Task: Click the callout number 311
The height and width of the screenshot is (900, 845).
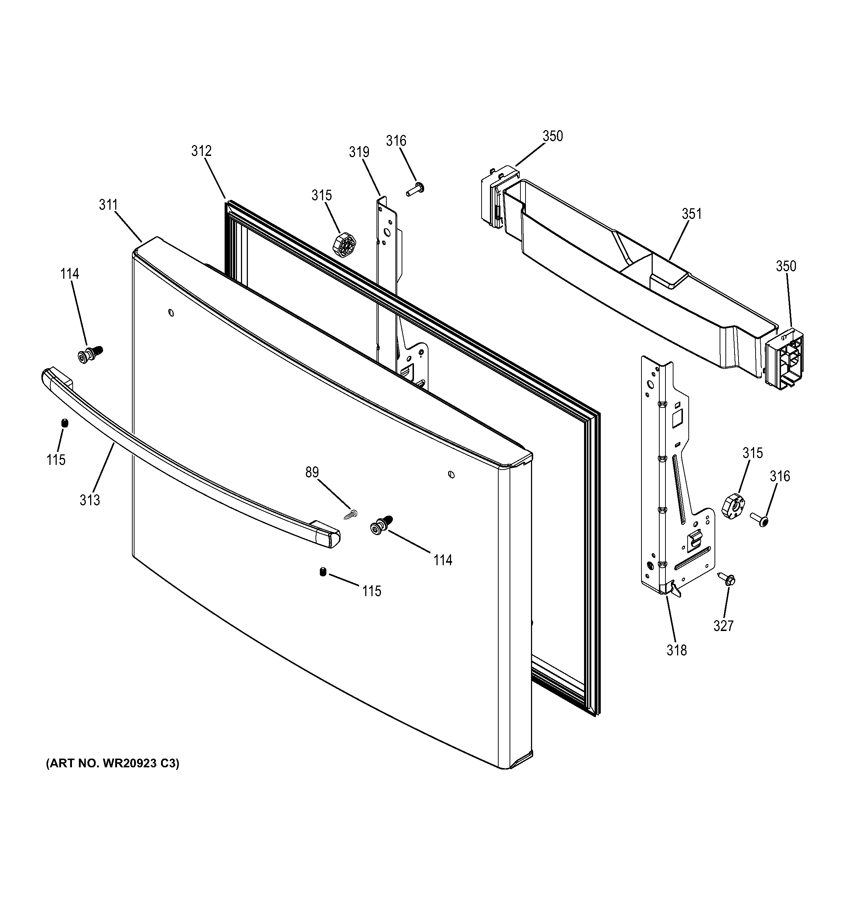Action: click(108, 205)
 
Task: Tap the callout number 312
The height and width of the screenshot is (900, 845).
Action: click(201, 151)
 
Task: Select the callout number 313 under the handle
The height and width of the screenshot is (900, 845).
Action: click(90, 500)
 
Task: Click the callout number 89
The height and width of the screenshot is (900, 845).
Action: click(312, 472)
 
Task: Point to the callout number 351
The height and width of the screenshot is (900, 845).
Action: click(692, 214)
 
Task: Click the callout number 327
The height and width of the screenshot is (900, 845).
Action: click(723, 626)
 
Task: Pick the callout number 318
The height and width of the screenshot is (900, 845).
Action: click(676, 651)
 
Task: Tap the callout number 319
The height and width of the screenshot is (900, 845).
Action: click(359, 152)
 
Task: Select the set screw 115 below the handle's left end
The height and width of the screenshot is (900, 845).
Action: click(64, 423)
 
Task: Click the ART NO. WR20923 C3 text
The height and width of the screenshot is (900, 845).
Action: click(112, 764)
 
